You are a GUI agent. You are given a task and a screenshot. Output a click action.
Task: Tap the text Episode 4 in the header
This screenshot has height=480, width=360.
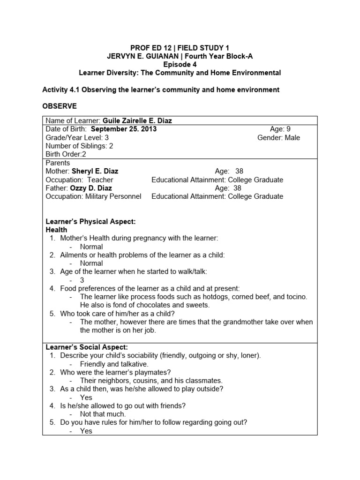(x=180, y=65)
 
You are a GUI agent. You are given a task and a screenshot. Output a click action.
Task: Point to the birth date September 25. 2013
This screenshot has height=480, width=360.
(x=124, y=129)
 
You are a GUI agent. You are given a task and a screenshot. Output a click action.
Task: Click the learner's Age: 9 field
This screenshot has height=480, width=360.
(x=280, y=129)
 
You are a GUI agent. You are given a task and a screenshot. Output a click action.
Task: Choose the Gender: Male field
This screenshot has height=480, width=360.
(x=279, y=138)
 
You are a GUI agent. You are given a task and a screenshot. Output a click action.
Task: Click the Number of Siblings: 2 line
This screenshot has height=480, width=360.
(x=79, y=146)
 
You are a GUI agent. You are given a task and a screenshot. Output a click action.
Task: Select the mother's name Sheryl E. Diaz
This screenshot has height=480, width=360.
(x=98, y=172)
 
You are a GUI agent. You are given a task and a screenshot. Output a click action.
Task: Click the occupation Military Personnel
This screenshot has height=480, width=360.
(x=113, y=197)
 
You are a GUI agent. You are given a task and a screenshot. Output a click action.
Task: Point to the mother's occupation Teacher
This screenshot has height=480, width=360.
(x=99, y=180)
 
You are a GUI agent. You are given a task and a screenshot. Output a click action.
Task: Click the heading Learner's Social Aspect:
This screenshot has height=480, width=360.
(x=87, y=347)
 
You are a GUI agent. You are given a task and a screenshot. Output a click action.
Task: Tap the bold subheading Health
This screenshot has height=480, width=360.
(x=56, y=230)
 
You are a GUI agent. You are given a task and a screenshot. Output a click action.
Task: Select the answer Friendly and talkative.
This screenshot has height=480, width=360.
(x=114, y=364)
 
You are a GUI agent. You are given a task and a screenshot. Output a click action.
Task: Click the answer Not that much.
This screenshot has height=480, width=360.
(x=103, y=414)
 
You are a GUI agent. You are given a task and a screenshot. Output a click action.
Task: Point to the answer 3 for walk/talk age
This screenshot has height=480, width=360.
(x=82, y=280)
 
